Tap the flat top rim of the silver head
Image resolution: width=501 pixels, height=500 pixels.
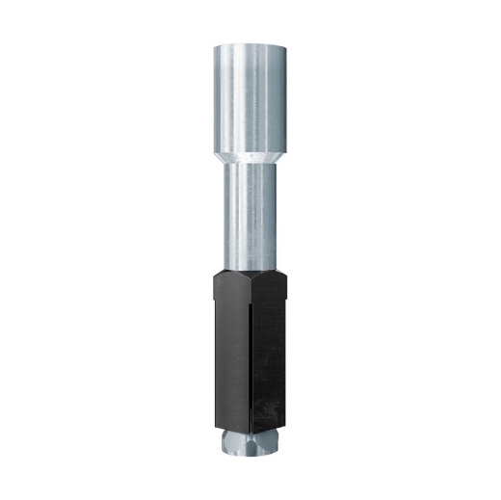[x=250, y=45]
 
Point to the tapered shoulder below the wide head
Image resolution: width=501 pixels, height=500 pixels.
[x=250, y=154]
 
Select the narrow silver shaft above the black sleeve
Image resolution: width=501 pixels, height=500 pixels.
[x=250, y=217]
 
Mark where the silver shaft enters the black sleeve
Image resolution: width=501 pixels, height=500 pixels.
[x=250, y=273]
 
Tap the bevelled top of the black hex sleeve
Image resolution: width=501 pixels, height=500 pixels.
[x=250, y=279]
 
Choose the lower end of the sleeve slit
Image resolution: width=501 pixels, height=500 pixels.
[x=252, y=430]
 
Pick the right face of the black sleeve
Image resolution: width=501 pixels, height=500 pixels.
[x=273, y=356]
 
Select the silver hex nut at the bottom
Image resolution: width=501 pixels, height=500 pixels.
[x=250, y=443]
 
